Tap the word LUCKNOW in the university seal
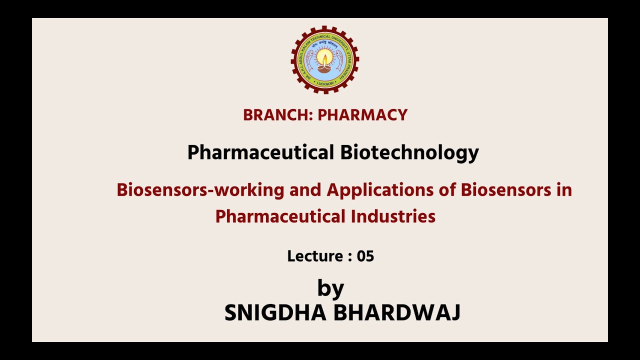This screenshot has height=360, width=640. tap(325, 83)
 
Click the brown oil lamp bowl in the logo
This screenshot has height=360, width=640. tap(325, 69)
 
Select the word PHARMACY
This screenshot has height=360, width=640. tap(362, 115)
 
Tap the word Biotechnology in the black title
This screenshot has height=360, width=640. tap(409, 152)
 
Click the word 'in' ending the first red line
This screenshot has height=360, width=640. tap(564, 190)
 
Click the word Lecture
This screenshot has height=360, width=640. tap(314, 256)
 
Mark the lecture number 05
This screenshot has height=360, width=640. tap(365, 256)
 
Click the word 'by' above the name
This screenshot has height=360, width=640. tap(330, 288)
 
